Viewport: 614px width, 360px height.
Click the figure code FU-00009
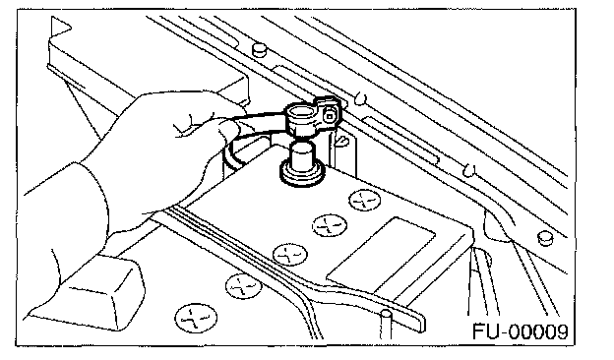pyautogui.click(x=520, y=331)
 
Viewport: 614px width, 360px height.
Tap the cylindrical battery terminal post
pyautogui.click(x=302, y=155)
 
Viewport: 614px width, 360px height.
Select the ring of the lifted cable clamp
pyautogui.click(x=302, y=116)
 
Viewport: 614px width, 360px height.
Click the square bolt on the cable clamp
pyautogui.click(x=330, y=116)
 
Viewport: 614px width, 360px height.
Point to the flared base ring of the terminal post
pyautogui.click(x=302, y=174)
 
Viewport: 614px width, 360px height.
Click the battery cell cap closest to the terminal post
pyautogui.click(x=364, y=201)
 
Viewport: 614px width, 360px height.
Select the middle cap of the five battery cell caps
pyautogui.click(x=290, y=255)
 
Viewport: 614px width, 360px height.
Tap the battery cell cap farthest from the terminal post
pyautogui.click(x=196, y=319)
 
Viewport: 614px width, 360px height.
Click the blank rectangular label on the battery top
pyautogui.click(x=381, y=256)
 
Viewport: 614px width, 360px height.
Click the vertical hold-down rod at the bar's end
pyautogui.click(x=386, y=325)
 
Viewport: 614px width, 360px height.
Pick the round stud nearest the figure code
pyautogui.click(x=545, y=238)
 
